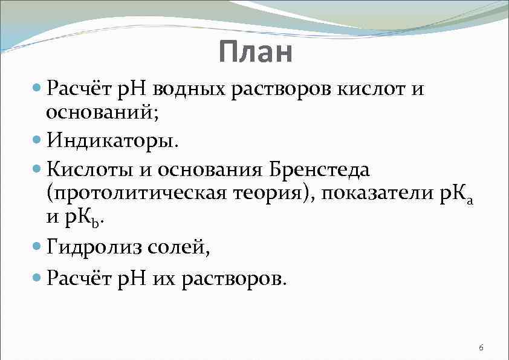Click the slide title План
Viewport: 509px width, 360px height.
(256, 52)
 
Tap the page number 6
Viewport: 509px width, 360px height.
(481, 347)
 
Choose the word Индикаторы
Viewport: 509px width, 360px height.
(112, 142)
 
